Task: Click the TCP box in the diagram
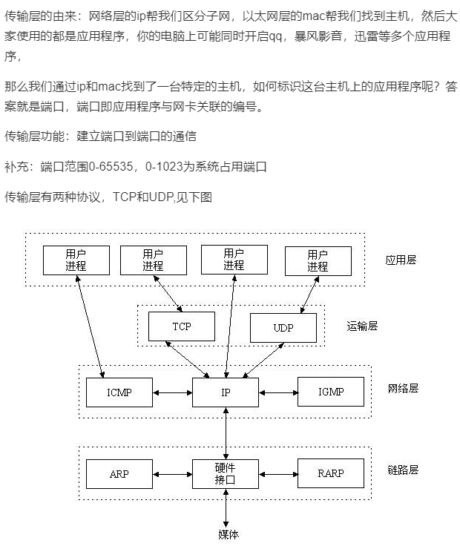click(x=182, y=326)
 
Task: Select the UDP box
click(x=283, y=327)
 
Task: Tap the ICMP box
click(x=119, y=392)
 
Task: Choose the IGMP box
click(x=330, y=392)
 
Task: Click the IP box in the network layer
click(x=226, y=392)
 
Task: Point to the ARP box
click(x=119, y=473)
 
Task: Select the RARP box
click(x=330, y=473)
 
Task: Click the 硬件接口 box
click(x=226, y=473)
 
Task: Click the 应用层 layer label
click(x=401, y=260)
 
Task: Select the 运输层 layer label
click(x=362, y=326)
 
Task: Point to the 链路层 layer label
click(x=403, y=470)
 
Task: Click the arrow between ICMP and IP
click(x=172, y=392)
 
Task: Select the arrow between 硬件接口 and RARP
click(x=278, y=473)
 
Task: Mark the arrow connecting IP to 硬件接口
click(x=226, y=433)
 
